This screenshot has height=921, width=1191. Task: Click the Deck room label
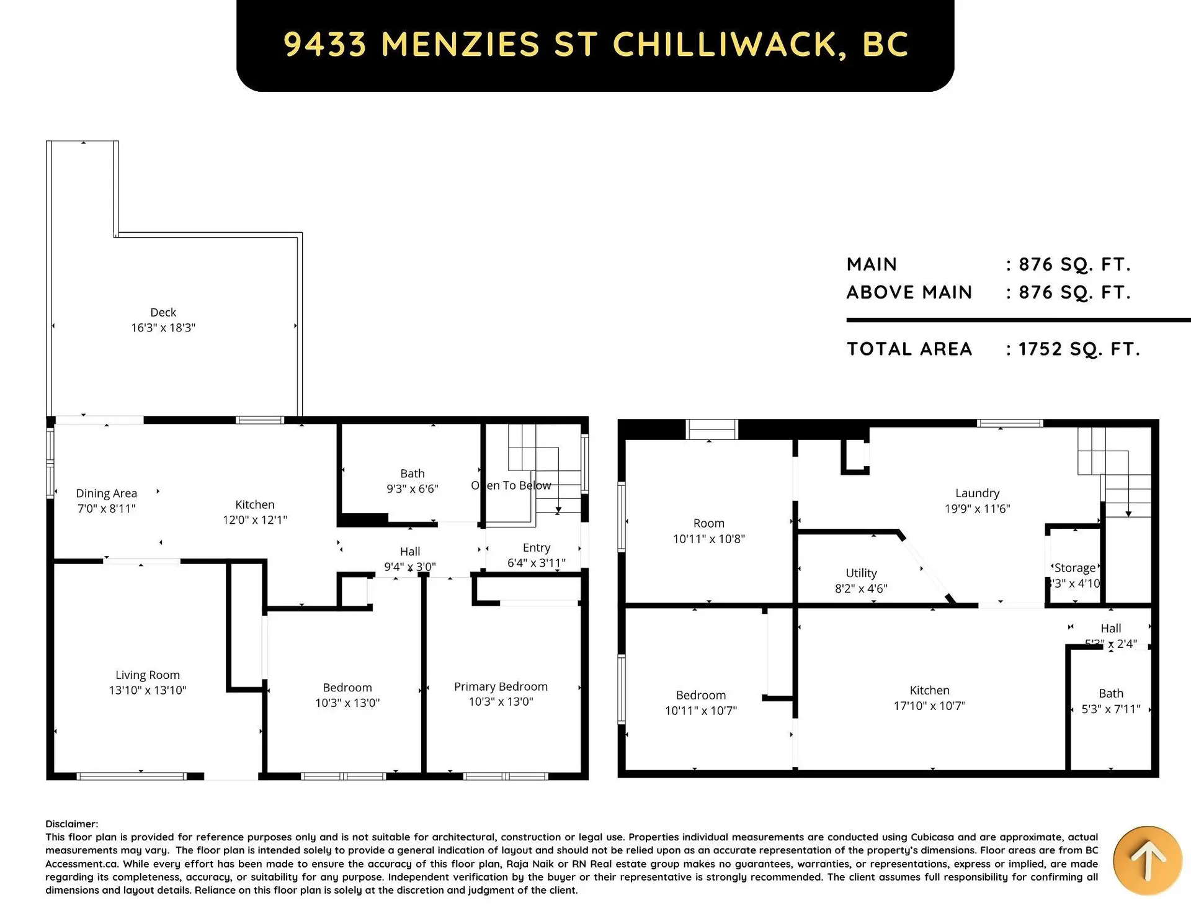point(163,312)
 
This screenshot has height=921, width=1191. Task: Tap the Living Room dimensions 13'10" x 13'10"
point(148,690)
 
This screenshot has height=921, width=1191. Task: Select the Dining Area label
point(106,493)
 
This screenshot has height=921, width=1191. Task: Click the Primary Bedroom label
point(501,686)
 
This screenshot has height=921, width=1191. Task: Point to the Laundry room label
point(977,493)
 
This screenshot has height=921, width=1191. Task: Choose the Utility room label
point(861,573)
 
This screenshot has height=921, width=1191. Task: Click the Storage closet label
point(1074,568)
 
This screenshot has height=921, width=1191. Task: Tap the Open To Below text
point(511,485)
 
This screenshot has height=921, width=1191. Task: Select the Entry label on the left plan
point(536,547)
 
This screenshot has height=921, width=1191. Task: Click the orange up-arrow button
point(1147,860)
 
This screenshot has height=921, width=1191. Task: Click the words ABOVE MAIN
point(909,292)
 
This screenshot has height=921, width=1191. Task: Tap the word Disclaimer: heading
point(71,824)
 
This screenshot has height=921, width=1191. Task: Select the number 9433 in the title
point(325,44)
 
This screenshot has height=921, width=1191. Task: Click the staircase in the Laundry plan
point(1115,472)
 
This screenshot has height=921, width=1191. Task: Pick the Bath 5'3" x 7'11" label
point(1110,701)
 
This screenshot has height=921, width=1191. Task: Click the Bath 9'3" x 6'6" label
point(412,481)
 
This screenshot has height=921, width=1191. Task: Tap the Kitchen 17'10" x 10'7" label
point(929,698)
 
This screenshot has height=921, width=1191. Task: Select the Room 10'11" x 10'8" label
point(708,531)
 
